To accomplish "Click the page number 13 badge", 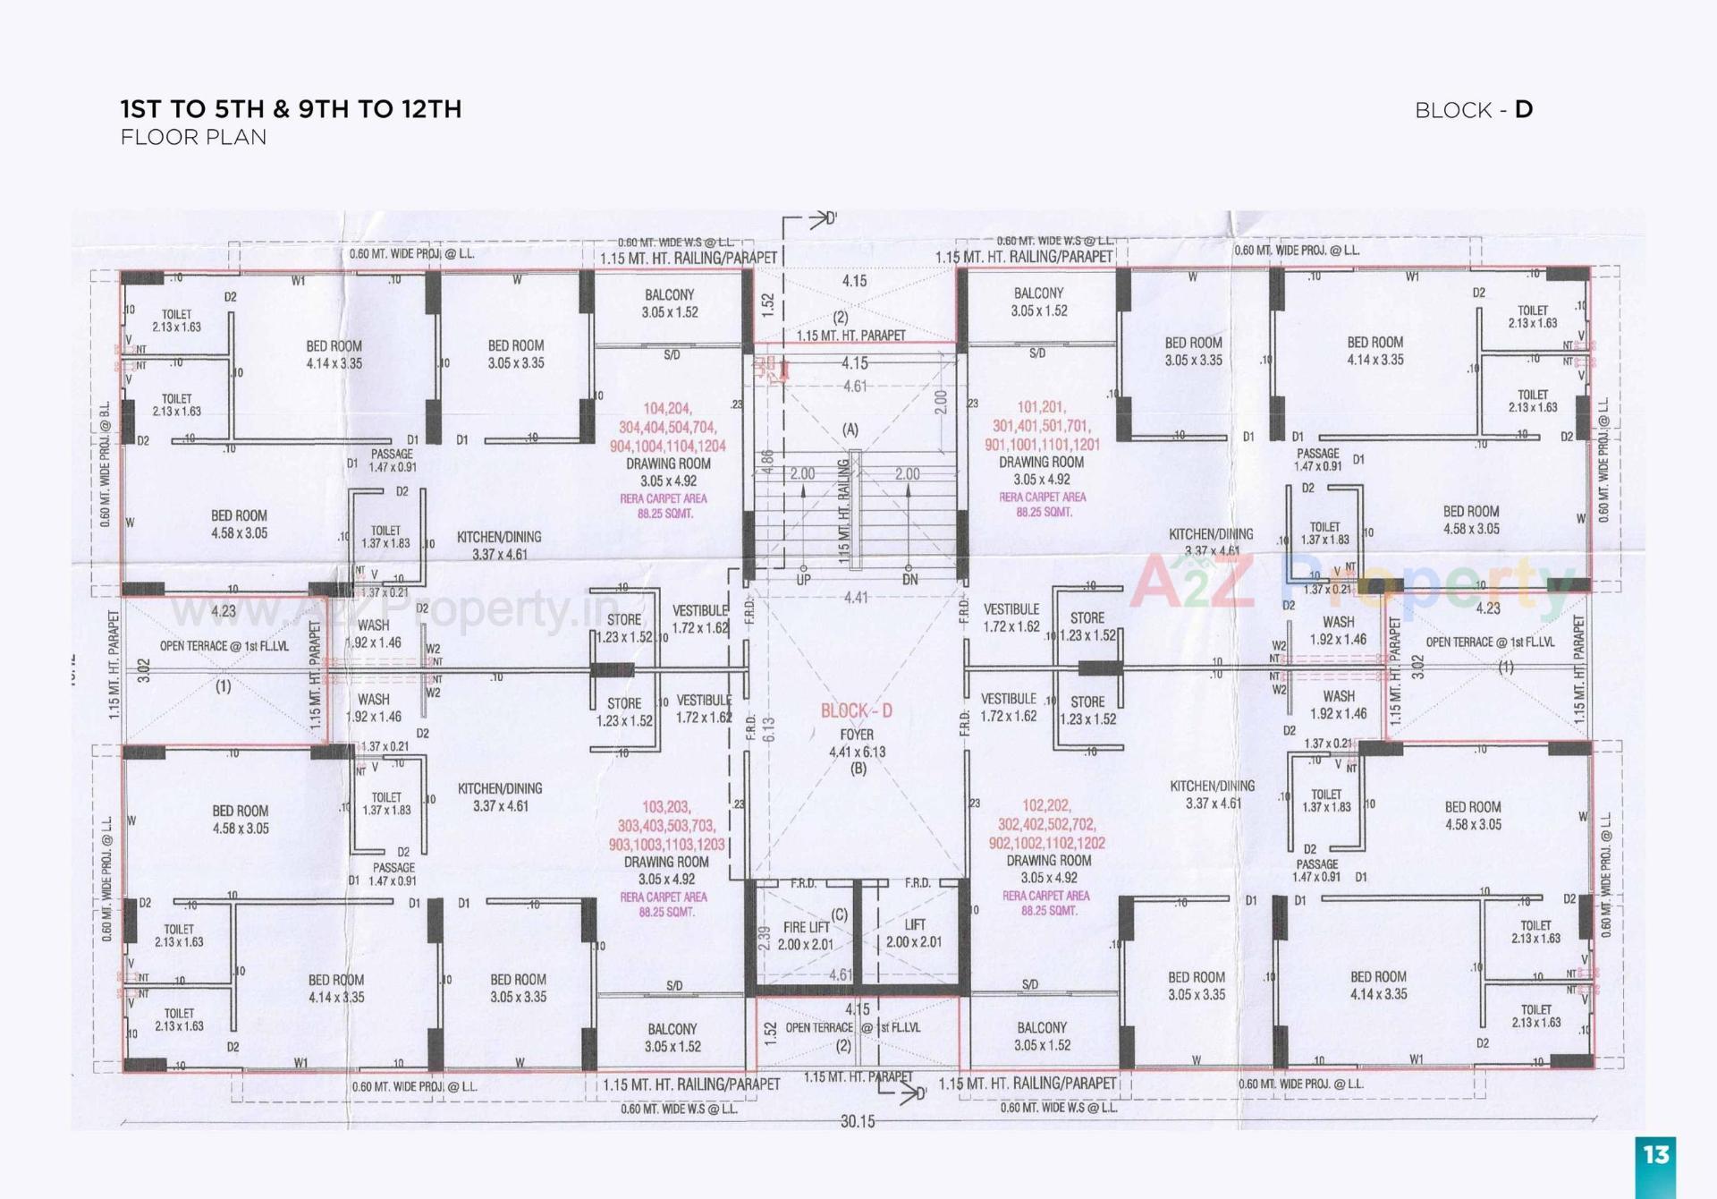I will click(x=1655, y=1155).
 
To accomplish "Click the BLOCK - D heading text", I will click(x=1473, y=110).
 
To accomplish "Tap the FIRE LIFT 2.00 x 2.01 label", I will click(x=806, y=936).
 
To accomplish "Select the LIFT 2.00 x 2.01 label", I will click(x=914, y=933).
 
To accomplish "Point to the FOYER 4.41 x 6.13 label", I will click(x=857, y=744).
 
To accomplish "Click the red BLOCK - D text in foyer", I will click(x=856, y=711).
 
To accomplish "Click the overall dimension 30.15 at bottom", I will click(x=857, y=1121).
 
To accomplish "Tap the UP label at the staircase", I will click(x=803, y=580).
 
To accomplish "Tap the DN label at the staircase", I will click(x=909, y=580).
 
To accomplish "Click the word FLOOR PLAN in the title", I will click(x=193, y=138).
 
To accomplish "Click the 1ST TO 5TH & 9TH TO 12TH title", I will click(x=291, y=109).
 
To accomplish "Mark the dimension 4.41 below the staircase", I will click(x=856, y=597).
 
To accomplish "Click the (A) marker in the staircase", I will click(x=850, y=430).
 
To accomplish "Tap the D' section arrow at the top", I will click(x=823, y=218).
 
